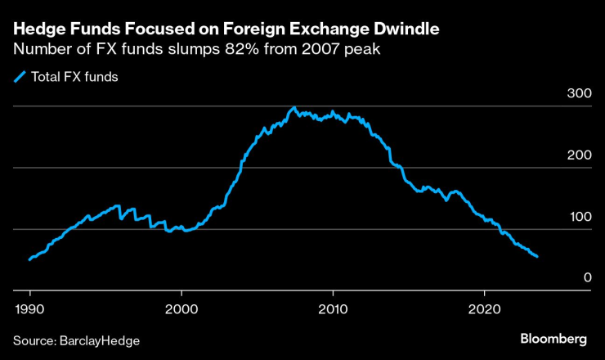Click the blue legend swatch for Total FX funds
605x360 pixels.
point(20,79)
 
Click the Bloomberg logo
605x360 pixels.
point(554,338)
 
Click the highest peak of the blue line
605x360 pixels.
point(294,108)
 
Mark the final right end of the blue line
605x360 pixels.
point(537,257)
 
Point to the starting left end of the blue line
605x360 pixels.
point(29,259)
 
